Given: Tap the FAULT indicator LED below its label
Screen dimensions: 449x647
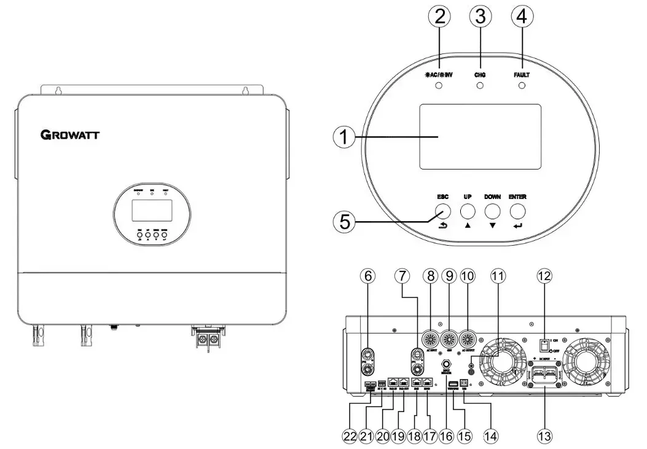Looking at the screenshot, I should (522, 86).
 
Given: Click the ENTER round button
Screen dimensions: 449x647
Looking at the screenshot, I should (518, 211).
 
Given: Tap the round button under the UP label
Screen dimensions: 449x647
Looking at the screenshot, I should (468, 211).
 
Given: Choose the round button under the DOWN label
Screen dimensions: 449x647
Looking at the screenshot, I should (493, 211).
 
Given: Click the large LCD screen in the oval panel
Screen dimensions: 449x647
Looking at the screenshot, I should (480, 136).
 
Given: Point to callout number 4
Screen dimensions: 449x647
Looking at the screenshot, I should (522, 18).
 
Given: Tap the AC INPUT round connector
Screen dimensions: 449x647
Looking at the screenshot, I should (430, 338).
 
